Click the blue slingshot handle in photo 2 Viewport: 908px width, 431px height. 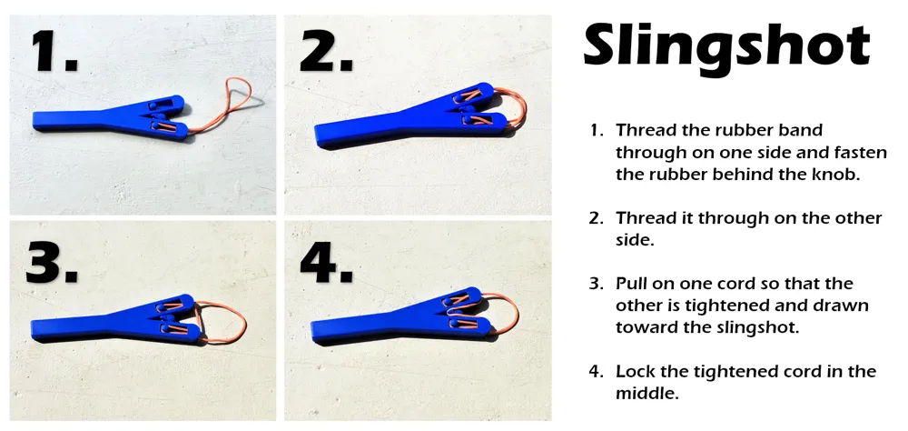click(370, 132)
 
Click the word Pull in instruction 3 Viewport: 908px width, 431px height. click(632, 284)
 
